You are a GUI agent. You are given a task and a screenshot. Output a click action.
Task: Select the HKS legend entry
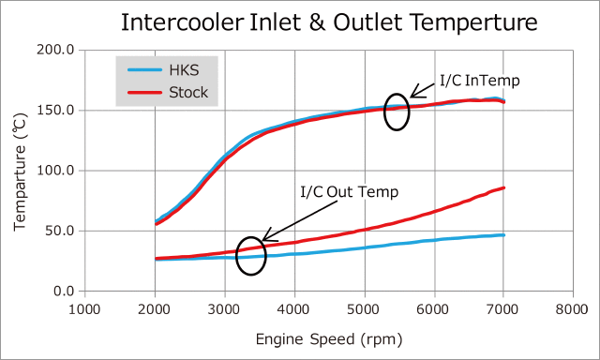tap(187, 71)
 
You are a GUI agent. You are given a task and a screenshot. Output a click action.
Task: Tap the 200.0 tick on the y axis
tap(55, 50)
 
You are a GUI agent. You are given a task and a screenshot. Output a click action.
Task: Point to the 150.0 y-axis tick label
tap(55, 110)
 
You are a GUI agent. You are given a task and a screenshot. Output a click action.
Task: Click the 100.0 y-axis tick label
tap(55, 171)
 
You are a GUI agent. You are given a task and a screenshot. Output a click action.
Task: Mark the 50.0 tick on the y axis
tap(59, 231)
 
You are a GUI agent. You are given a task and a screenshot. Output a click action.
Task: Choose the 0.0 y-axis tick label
tap(63, 291)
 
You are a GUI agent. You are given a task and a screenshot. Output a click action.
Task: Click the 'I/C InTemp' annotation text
tap(479, 82)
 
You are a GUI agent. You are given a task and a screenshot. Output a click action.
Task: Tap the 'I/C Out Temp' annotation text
tap(350, 192)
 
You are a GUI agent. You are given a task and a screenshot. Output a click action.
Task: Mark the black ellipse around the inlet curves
tap(397, 112)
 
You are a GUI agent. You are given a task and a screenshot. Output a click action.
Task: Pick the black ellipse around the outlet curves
tap(250, 255)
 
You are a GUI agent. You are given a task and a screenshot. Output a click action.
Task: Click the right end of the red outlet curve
tap(504, 188)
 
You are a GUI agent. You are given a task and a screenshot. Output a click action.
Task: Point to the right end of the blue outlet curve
tap(504, 235)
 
